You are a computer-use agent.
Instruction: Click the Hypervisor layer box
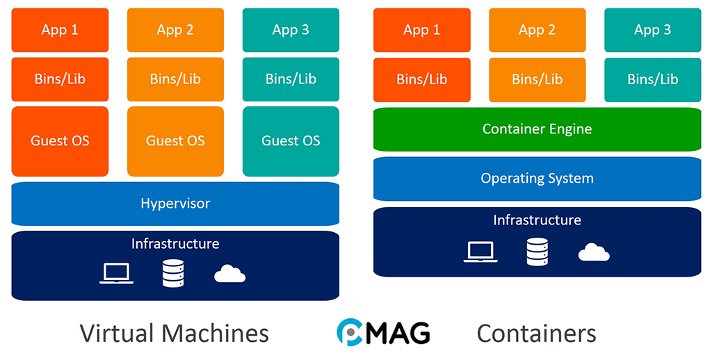[x=175, y=204]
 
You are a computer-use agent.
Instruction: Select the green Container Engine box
[x=537, y=129]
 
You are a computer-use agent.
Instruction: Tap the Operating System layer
[x=537, y=179]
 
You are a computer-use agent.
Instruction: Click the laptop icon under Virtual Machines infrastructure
[x=117, y=273]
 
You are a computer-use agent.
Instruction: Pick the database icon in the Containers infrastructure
[x=537, y=252]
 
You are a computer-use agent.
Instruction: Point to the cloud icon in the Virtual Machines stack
[x=229, y=274]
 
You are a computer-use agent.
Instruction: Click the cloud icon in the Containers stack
[x=594, y=252]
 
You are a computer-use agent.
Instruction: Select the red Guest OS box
[x=60, y=141]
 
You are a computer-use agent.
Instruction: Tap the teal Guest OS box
[x=291, y=141]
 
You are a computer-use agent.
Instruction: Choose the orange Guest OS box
[x=175, y=141]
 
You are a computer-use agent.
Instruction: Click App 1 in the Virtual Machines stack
[x=60, y=30]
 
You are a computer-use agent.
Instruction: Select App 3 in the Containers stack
[x=652, y=30]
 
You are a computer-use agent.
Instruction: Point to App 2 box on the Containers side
[x=537, y=30]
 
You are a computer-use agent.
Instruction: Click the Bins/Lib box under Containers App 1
[x=421, y=80]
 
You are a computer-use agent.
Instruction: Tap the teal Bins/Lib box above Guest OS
[x=291, y=79]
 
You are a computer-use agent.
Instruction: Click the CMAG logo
[x=383, y=332]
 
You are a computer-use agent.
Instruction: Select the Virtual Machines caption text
[x=174, y=333]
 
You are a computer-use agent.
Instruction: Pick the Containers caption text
[x=536, y=334]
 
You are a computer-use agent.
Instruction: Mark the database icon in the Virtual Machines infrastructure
[x=172, y=273]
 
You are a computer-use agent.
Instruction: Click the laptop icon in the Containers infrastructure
[x=480, y=252]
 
